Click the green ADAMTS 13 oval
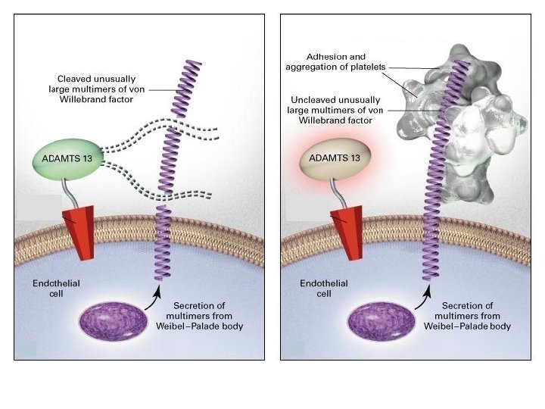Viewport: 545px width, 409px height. (68, 159)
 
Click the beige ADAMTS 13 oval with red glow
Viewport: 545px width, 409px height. (335, 158)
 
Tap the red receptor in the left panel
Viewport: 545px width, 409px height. (80, 233)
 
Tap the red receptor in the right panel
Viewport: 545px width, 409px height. (347, 233)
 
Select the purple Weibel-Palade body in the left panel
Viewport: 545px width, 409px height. (113, 320)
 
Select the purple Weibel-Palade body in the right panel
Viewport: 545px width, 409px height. (381, 320)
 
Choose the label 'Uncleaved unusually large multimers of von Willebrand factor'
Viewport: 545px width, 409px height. (335, 111)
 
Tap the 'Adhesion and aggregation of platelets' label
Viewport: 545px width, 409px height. (335, 62)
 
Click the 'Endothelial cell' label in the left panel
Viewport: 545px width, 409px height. (56, 289)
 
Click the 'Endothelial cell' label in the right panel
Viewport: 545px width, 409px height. (324, 289)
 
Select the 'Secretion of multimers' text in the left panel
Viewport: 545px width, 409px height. (199, 311)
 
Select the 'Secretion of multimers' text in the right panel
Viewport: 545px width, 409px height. (468, 311)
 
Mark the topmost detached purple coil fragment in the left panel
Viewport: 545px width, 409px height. (186, 89)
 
